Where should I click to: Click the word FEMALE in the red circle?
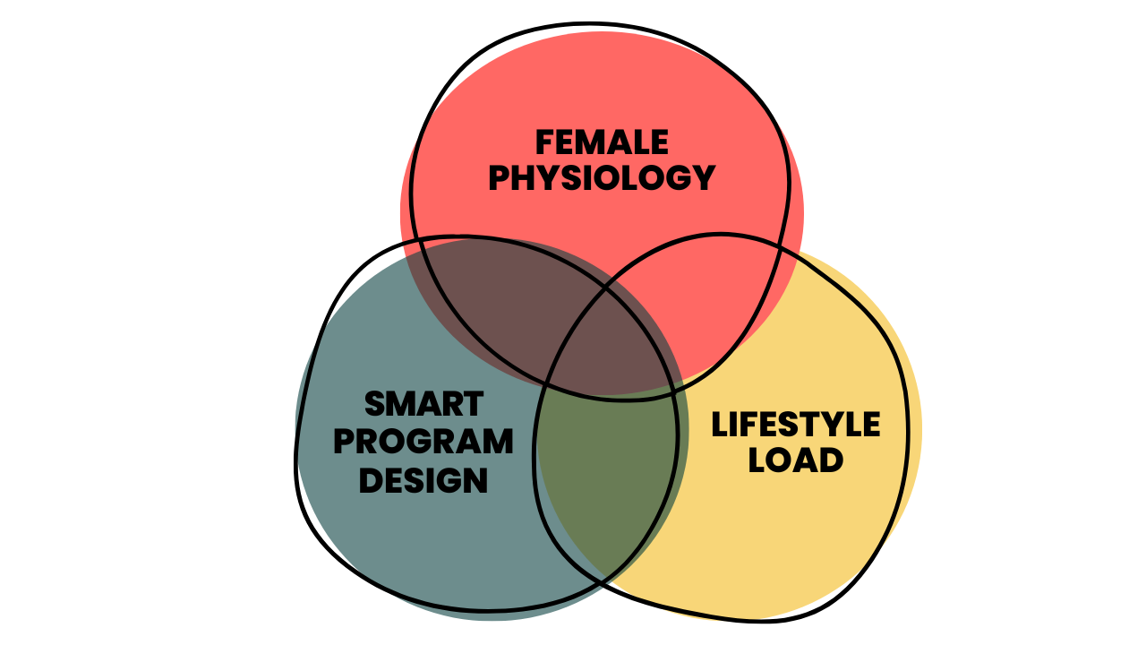(602, 142)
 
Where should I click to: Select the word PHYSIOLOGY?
(602, 177)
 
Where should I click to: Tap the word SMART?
(423, 405)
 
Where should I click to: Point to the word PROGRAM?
(423, 443)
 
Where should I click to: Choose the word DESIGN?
(423, 481)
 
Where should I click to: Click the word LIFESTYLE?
(796, 425)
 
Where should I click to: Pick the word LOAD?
(796, 461)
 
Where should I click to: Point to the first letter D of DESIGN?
(370, 481)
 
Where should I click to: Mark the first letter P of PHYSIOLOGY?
(499, 177)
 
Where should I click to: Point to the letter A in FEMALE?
(624, 142)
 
